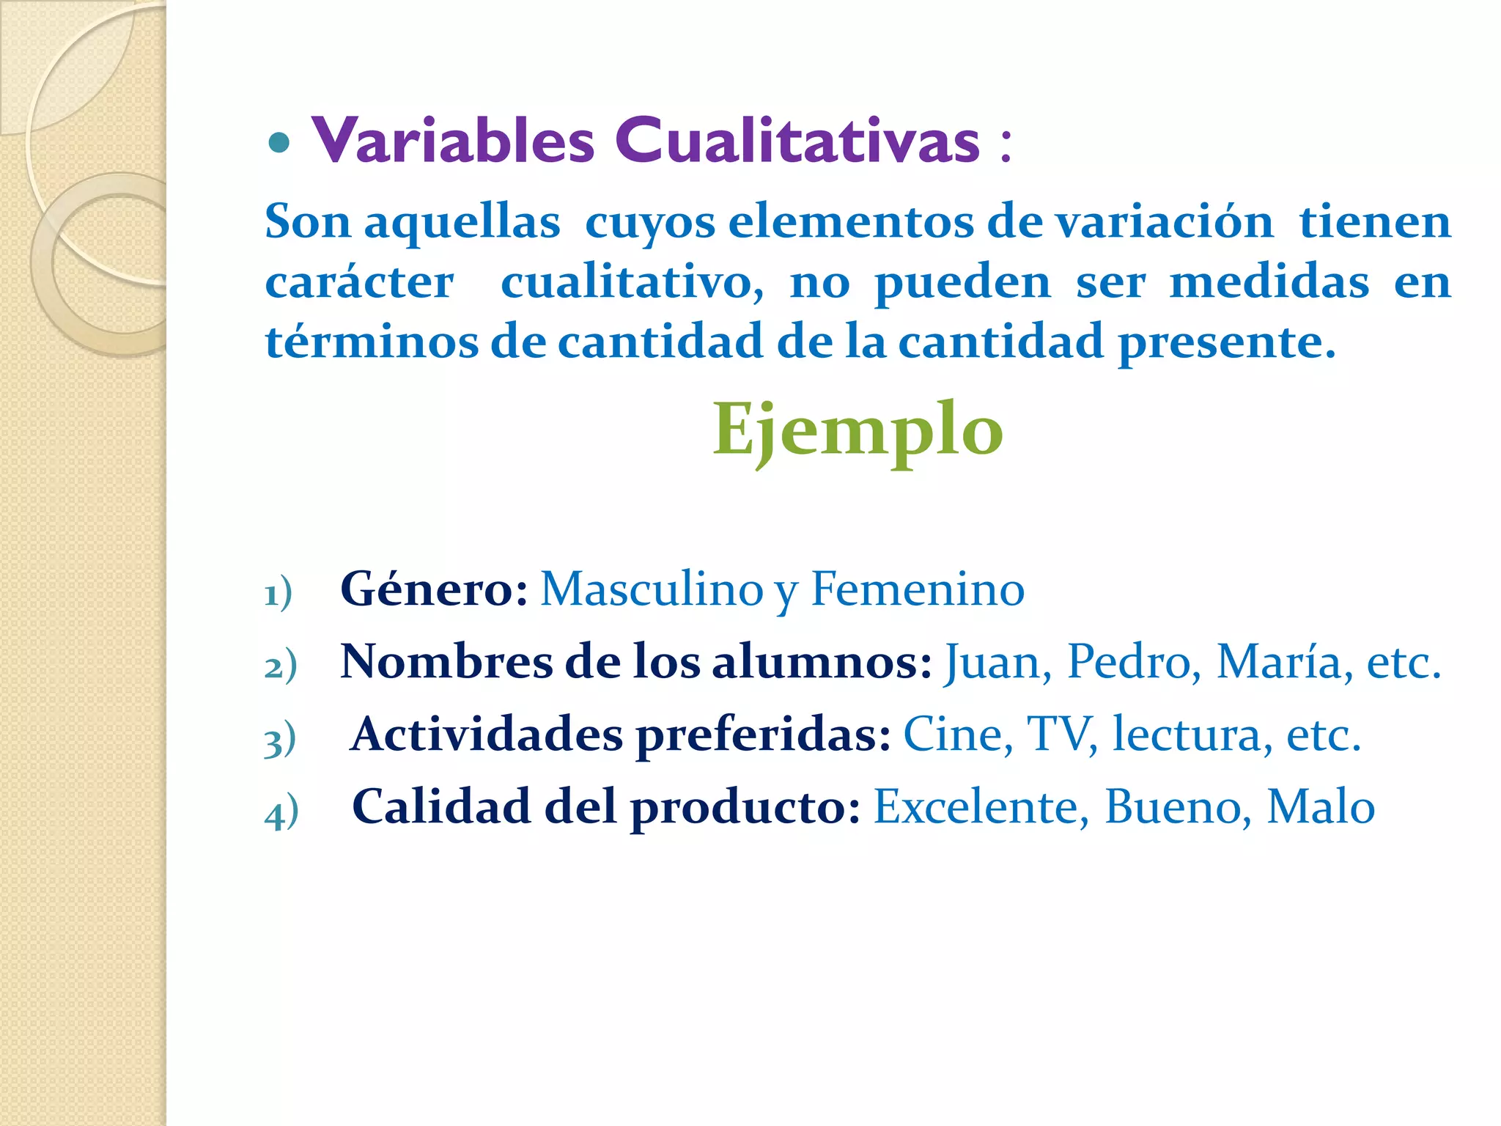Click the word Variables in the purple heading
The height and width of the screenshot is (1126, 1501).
click(453, 140)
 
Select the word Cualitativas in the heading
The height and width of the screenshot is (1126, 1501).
click(797, 140)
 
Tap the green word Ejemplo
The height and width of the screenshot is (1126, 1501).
click(858, 430)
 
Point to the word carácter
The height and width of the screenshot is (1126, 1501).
click(359, 283)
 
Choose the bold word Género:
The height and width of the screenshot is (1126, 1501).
click(434, 589)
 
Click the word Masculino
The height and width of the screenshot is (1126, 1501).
click(652, 589)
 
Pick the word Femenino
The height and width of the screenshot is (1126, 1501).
click(918, 589)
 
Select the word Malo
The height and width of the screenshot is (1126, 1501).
click(1321, 807)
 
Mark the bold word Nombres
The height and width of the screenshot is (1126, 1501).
click(446, 662)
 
